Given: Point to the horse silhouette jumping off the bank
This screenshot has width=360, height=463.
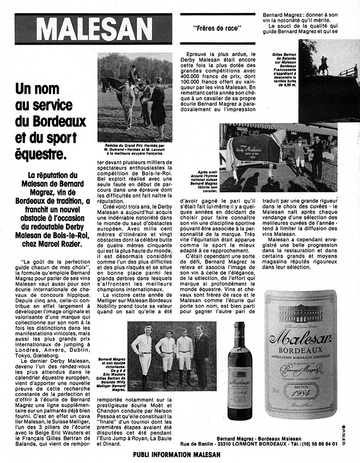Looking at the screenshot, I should click(x=323, y=65).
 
